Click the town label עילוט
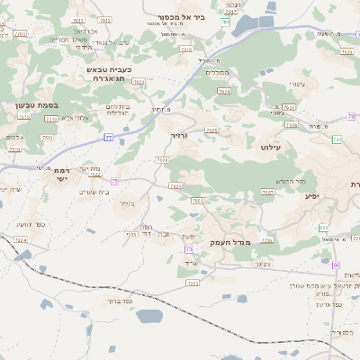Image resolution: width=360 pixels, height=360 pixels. click(271, 146)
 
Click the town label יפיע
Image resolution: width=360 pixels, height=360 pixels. click(312, 195)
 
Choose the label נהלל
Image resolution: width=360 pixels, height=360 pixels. click(127, 203)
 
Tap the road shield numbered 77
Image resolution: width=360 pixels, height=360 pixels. click(108, 137)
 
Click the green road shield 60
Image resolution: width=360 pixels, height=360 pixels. click(336, 265)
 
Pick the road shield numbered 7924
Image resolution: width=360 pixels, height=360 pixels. click(224, 91)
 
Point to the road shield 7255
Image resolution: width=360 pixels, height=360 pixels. click(131, 234)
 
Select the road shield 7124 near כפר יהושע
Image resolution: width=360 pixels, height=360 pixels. click(20, 240)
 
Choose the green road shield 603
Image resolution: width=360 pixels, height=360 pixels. click(323, 229)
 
